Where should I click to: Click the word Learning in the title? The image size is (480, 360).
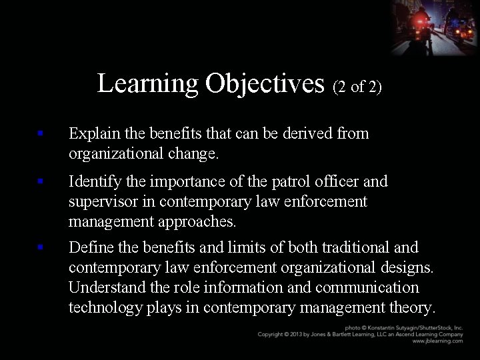click(x=148, y=84)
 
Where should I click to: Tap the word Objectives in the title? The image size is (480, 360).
click(x=265, y=84)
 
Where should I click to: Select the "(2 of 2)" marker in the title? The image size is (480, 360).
click(x=357, y=87)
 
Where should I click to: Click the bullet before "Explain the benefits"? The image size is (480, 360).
click(x=41, y=133)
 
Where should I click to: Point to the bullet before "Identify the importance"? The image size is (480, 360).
click(x=41, y=181)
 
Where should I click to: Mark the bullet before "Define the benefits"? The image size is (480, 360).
click(x=41, y=247)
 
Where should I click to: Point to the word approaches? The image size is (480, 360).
click(x=198, y=221)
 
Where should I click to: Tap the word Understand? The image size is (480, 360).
click(x=110, y=287)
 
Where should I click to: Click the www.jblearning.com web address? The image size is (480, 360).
click(x=437, y=341)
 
